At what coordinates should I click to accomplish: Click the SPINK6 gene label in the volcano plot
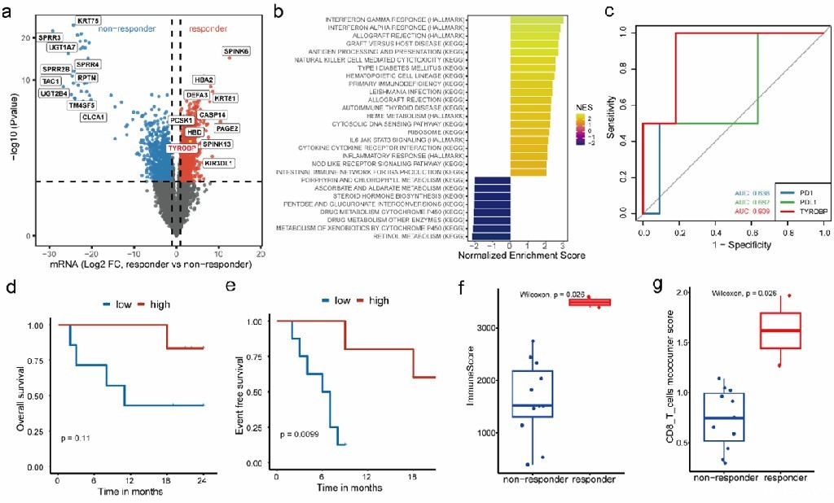coord(237,52)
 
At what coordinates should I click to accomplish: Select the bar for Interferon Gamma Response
coord(537,20)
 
